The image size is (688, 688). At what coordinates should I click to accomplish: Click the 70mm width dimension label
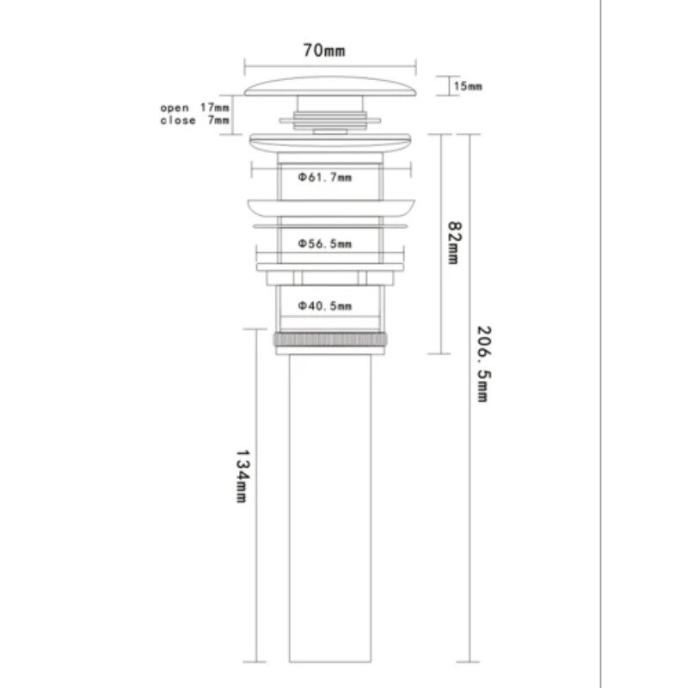(x=324, y=51)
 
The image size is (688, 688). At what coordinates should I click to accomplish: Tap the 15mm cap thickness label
(x=468, y=86)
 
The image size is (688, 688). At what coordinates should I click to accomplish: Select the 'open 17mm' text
(x=194, y=107)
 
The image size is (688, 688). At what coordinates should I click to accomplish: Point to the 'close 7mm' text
(x=194, y=120)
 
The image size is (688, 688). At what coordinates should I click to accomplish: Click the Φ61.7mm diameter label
(x=325, y=177)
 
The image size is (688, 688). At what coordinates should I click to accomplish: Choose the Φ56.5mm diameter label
(x=325, y=243)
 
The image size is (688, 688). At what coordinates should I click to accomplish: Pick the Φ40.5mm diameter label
(x=325, y=306)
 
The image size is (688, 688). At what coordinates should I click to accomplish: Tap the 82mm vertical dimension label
(x=454, y=243)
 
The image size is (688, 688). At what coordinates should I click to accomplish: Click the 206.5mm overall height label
(x=484, y=364)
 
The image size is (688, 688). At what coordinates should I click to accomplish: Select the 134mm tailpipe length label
(x=243, y=476)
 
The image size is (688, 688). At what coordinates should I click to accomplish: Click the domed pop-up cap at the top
(x=330, y=87)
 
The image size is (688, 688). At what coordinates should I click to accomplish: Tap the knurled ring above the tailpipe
(x=330, y=340)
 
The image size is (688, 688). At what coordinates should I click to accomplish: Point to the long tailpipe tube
(x=330, y=508)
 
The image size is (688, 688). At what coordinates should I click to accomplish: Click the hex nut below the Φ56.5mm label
(x=330, y=278)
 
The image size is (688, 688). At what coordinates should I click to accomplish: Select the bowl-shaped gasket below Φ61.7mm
(x=331, y=208)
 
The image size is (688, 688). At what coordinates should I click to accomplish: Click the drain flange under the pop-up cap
(x=330, y=143)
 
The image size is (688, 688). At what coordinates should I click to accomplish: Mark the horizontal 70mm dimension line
(x=330, y=66)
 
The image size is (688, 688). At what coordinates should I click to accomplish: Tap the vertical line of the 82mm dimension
(x=440, y=244)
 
